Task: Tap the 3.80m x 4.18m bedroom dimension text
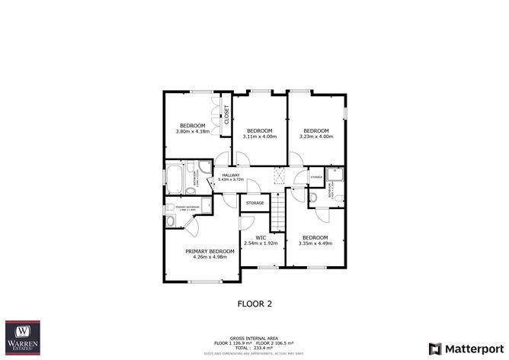193,132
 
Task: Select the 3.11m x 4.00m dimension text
260,137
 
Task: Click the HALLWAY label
231,175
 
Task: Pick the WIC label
260,237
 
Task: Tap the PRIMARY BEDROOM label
210,251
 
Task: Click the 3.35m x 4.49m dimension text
315,243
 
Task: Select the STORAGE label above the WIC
254,203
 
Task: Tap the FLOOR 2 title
254,304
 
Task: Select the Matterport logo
466,348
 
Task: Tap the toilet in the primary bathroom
170,221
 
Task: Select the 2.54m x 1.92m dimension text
260,243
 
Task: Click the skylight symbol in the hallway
279,176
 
